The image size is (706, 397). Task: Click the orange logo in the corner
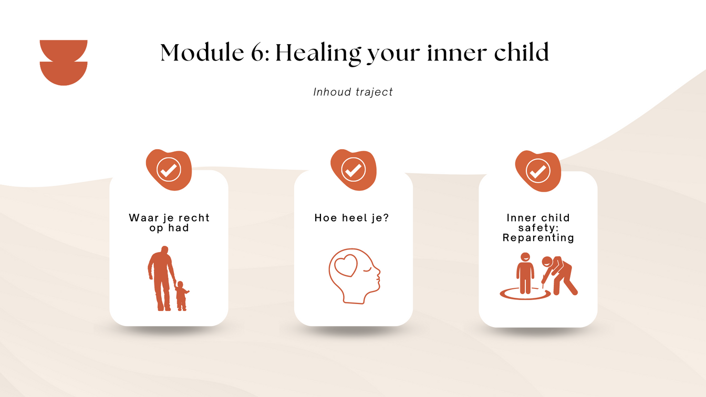(64, 62)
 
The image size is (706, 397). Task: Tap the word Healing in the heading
(318, 54)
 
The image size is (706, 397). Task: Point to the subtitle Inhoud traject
(353, 92)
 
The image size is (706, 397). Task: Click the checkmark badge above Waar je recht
(169, 170)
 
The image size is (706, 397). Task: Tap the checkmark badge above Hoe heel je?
(354, 170)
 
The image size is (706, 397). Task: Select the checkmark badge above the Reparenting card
(538, 171)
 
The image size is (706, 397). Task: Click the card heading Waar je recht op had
(169, 223)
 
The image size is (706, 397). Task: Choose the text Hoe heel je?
(352, 218)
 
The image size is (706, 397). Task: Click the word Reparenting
(538, 238)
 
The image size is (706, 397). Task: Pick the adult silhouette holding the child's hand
(161, 278)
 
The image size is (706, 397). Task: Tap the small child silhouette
(182, 296)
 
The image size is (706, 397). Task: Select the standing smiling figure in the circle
(525, 273)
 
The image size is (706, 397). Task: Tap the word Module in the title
(202, 53)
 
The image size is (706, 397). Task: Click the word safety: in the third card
(538, 228)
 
